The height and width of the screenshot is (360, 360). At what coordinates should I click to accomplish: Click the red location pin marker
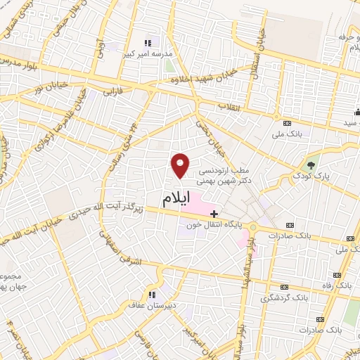coord(181,165)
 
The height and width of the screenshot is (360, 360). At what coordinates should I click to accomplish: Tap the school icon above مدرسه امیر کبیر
coord(148,41)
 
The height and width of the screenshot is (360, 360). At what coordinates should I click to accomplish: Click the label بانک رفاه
coord(344,287)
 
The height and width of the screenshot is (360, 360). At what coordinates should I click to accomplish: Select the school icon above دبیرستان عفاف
coord(150,294)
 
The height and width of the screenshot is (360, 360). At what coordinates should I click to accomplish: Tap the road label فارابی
coord(113,91)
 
